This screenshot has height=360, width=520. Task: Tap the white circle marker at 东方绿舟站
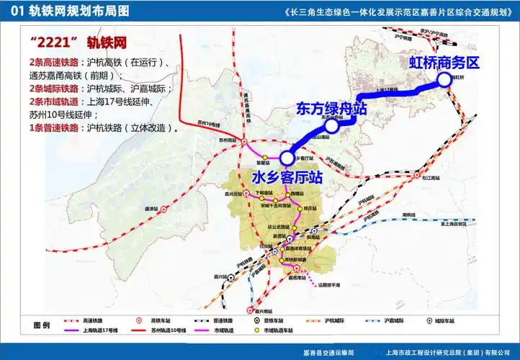(x=331, y=127)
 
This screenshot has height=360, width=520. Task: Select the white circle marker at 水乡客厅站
(x=287, y=157)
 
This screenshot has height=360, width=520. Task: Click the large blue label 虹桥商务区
(x=444, y=63)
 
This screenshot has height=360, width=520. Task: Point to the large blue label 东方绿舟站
(x=332, y=109)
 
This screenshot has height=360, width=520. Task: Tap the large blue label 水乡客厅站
(x=287, y=176)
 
